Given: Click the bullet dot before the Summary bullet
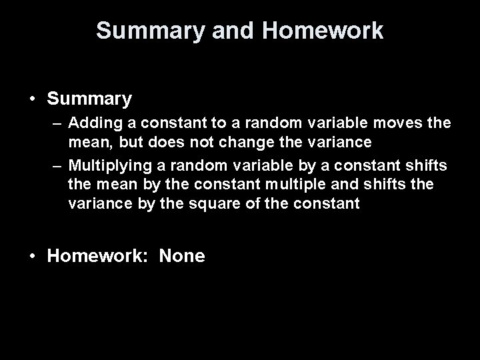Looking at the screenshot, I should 32,100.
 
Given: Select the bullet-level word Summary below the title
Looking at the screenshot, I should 89,100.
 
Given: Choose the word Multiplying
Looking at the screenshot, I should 105,165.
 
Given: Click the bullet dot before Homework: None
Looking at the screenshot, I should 32,257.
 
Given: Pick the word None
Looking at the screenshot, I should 182,257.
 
